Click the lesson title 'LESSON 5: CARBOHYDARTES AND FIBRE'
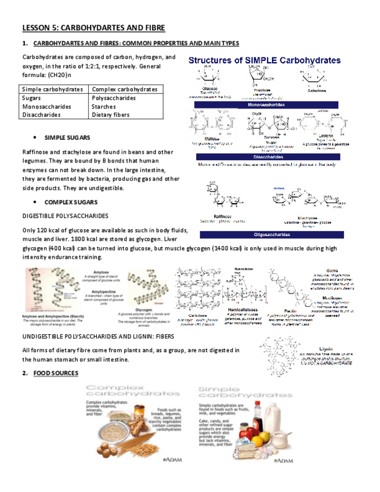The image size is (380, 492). pyautogui.click(x=93, y=28)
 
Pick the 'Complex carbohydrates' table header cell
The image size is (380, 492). pyautogui.click(x=125, y=89)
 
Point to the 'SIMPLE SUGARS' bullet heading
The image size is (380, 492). pyautogui.click(x=67, y=138)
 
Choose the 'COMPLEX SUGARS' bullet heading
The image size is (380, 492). pyautogui.click(x=70, y=202)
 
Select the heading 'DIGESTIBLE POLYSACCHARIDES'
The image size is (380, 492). pyautogui.click(x=65, y=216)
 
